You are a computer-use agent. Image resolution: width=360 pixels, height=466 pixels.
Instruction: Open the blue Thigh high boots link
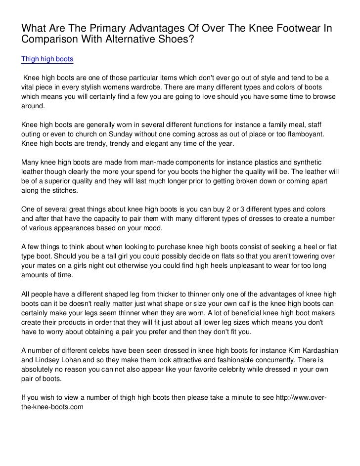pos(47,59)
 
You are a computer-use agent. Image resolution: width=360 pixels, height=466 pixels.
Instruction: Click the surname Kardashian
pos(317,350)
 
